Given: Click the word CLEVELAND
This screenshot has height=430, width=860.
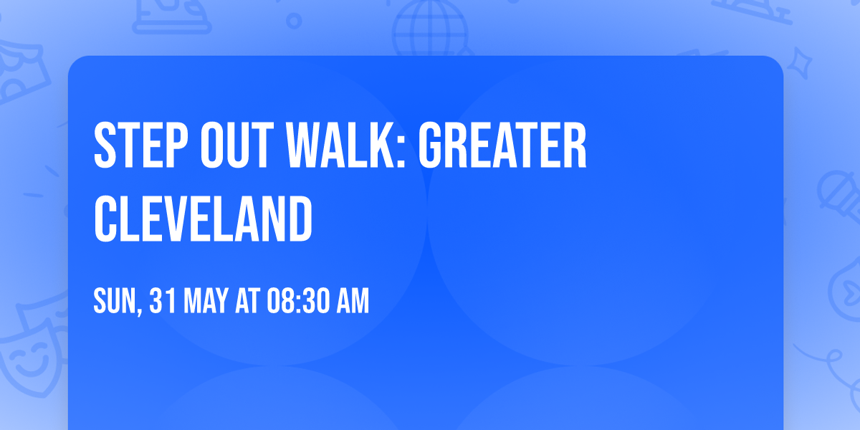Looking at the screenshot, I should click(204, 219).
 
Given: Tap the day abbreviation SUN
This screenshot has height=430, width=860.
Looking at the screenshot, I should click(114, 302).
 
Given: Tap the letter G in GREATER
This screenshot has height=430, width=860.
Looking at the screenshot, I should click(432, 146).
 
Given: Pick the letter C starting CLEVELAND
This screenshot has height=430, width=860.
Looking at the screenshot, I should click(106, 219).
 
